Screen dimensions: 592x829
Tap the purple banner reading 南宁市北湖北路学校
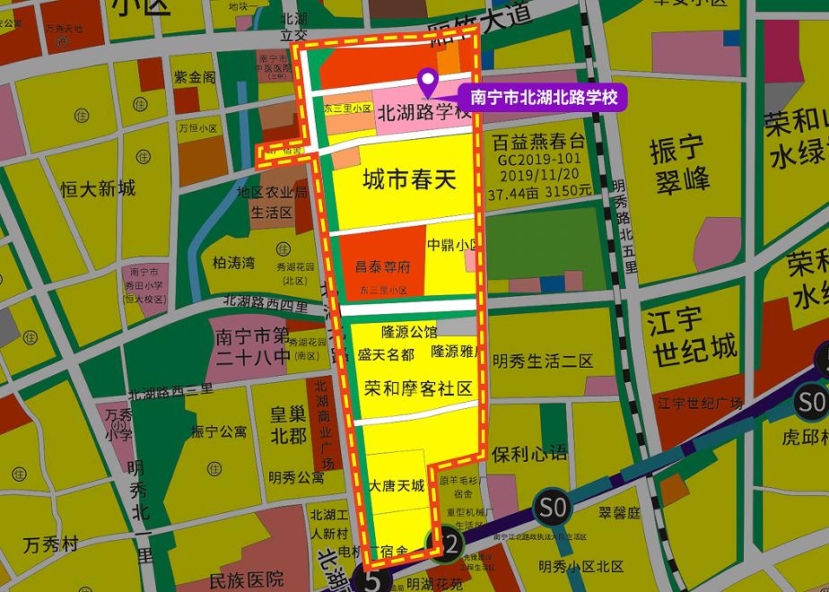click(x=543, y=97)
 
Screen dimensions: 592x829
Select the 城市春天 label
click(x=409, y=181)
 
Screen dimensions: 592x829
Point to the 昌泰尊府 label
click(x=382, y=267)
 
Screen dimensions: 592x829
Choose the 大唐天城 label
click(x=396, y=485)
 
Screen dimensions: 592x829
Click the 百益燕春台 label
click(x=537, y=144)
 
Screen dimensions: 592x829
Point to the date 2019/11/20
click(x=537, y=175)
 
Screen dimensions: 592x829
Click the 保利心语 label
click(x=529, y=453)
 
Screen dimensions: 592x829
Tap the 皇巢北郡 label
click(x=288, y=425)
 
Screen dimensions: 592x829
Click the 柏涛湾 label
click(x=233, y=263)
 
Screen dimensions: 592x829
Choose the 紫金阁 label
click(x=196, y=78)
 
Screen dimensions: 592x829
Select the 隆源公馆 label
click(x=408, y=332)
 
